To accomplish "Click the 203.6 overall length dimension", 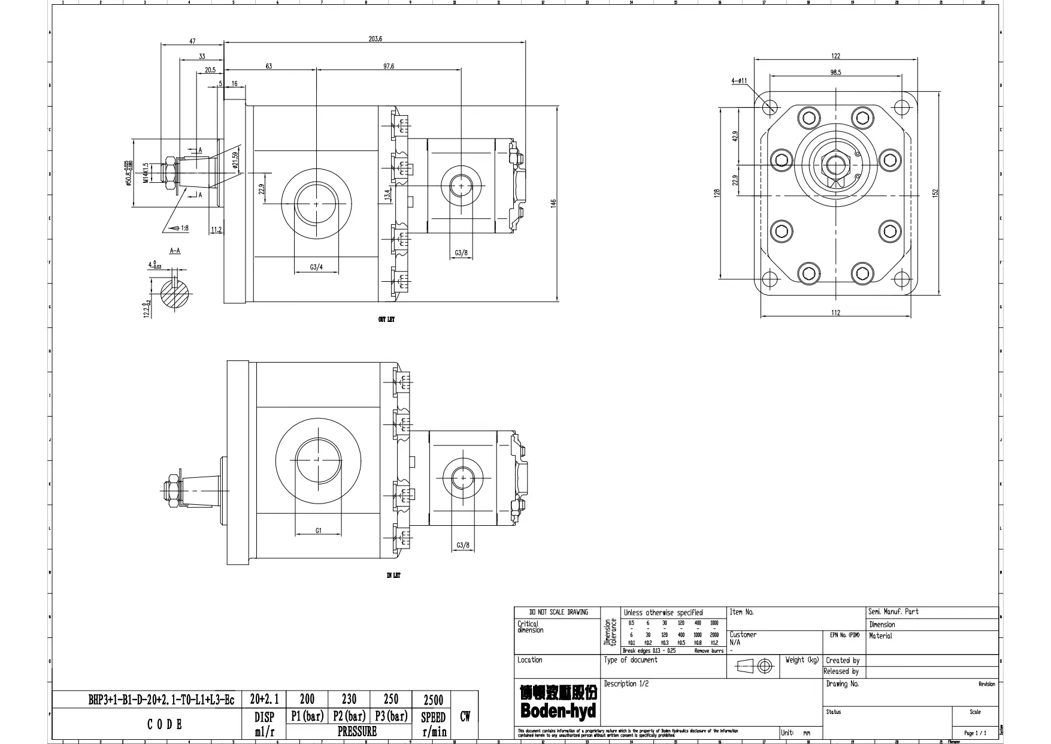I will click(x=375, y=39).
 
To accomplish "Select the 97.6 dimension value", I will click(x=389, y=67).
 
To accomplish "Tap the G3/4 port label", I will click(x=316, y=267).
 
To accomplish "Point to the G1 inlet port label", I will click(x=319, y=531).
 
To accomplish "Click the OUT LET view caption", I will click(x=386, y=320).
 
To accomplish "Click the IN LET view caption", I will click(x=393, y=576).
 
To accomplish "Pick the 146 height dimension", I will click(x=554, y=204).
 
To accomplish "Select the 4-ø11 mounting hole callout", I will click(x=739, y=81).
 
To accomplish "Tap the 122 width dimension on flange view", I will click(x=835, y=56).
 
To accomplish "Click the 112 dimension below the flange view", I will click(x=835, y=312).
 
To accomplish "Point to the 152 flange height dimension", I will click(x=935, y=192).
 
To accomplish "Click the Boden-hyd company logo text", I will click(x=558, y=711).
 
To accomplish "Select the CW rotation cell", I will click(x=465, y=716).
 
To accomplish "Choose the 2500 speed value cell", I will click(x=433, y=700).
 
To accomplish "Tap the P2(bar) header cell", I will click(x=349, y=716).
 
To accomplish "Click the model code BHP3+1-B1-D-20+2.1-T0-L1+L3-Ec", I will click(x=162, y=700).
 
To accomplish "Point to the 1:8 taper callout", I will click(x=181, y=228).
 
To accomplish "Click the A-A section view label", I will click(x=175, y=251).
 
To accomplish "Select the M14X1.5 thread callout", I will click(x=145, y=173).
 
